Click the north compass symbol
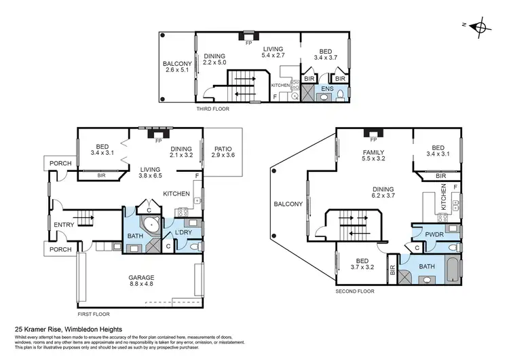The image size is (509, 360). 480,28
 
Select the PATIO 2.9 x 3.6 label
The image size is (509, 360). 223,151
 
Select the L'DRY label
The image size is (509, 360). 184,233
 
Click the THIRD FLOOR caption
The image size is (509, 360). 212,109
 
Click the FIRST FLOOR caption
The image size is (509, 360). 93,314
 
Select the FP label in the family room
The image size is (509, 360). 373,139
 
